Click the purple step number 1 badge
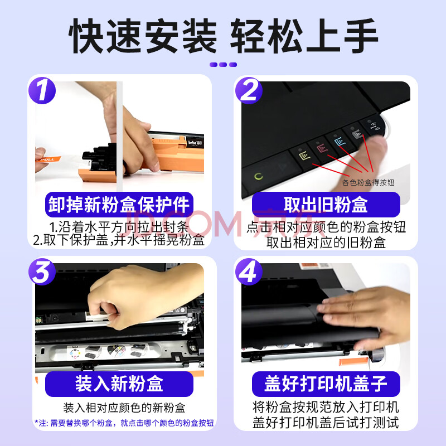pos(42,90)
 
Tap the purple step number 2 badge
pos(249,90)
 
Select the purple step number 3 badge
pos(42,272)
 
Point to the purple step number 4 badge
pos(249,272)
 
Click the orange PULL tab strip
pos(49,159)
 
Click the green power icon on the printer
pos(258,176)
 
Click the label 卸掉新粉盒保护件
pos(119,205)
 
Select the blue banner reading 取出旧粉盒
pos(326,205)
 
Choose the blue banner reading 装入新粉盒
pos(119,384)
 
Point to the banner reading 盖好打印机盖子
pos(326,384)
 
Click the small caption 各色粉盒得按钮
pos(368,182)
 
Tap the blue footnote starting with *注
pos(124,423)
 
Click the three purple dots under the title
pos(224,65)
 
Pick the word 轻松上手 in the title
pos(304,36)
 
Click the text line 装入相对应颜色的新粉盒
pos(124,408)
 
